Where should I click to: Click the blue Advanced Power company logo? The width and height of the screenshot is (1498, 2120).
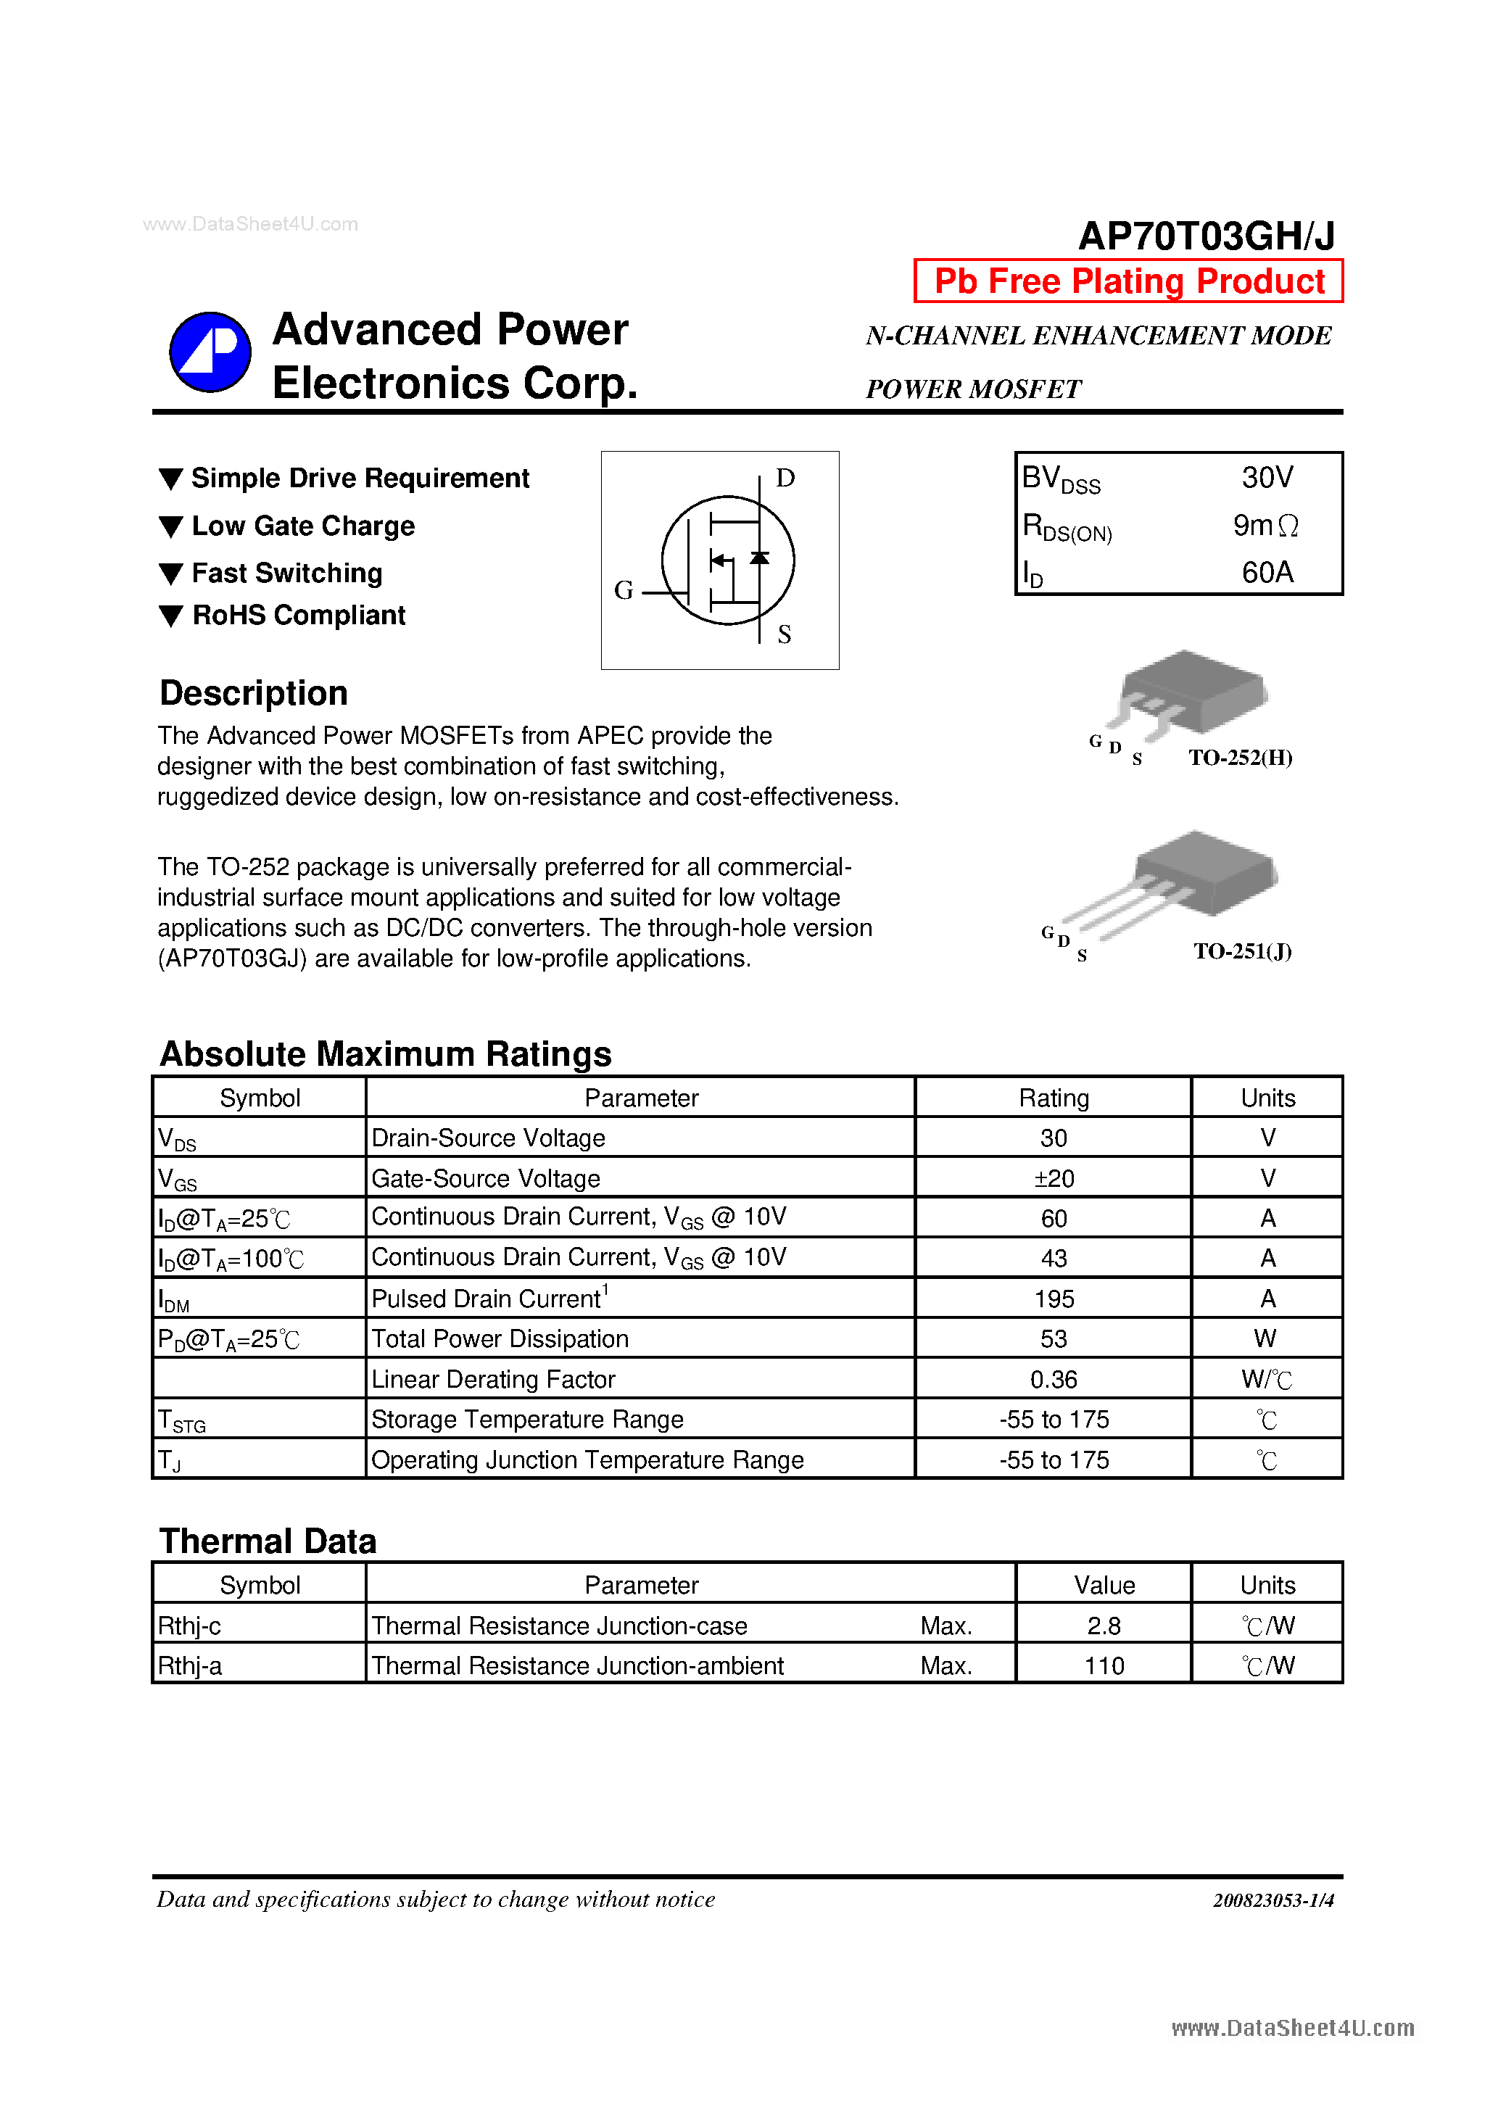pyautogui.click(x=210, y=352)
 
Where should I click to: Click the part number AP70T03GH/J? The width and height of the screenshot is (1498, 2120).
pyautogui.click(x=1205, y=236)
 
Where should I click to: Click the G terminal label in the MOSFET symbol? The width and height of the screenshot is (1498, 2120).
pyautogui.click(x=624, y=590)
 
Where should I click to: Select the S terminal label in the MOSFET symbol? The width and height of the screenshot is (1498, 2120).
pyautogui.click(x=783, y=634)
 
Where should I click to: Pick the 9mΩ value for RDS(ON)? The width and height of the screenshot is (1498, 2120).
pyautogui.click(x=1265, y=526)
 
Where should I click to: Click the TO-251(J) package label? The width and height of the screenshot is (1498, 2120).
pyautogui.click(x=1241, y=951)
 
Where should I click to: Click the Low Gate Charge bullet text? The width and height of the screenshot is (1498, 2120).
pyautogui.click(x=303, y=526)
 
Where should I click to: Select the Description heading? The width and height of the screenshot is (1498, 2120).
pyautogui.click(x=253, y=692)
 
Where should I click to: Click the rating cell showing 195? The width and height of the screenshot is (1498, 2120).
pyautogui.click(x=1053, y=1299)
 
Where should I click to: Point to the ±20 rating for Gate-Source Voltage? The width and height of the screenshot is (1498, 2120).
pyautogui.click(x=1053, y=1178)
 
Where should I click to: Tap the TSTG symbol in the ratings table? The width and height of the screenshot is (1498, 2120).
pyautogui.click(x=181, y=1420)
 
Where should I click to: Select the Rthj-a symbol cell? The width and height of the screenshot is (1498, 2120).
pyautogui.click(x=189, y=1665)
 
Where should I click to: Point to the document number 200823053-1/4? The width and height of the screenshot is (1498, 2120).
pyautogui.click(x=1273, y=1900)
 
